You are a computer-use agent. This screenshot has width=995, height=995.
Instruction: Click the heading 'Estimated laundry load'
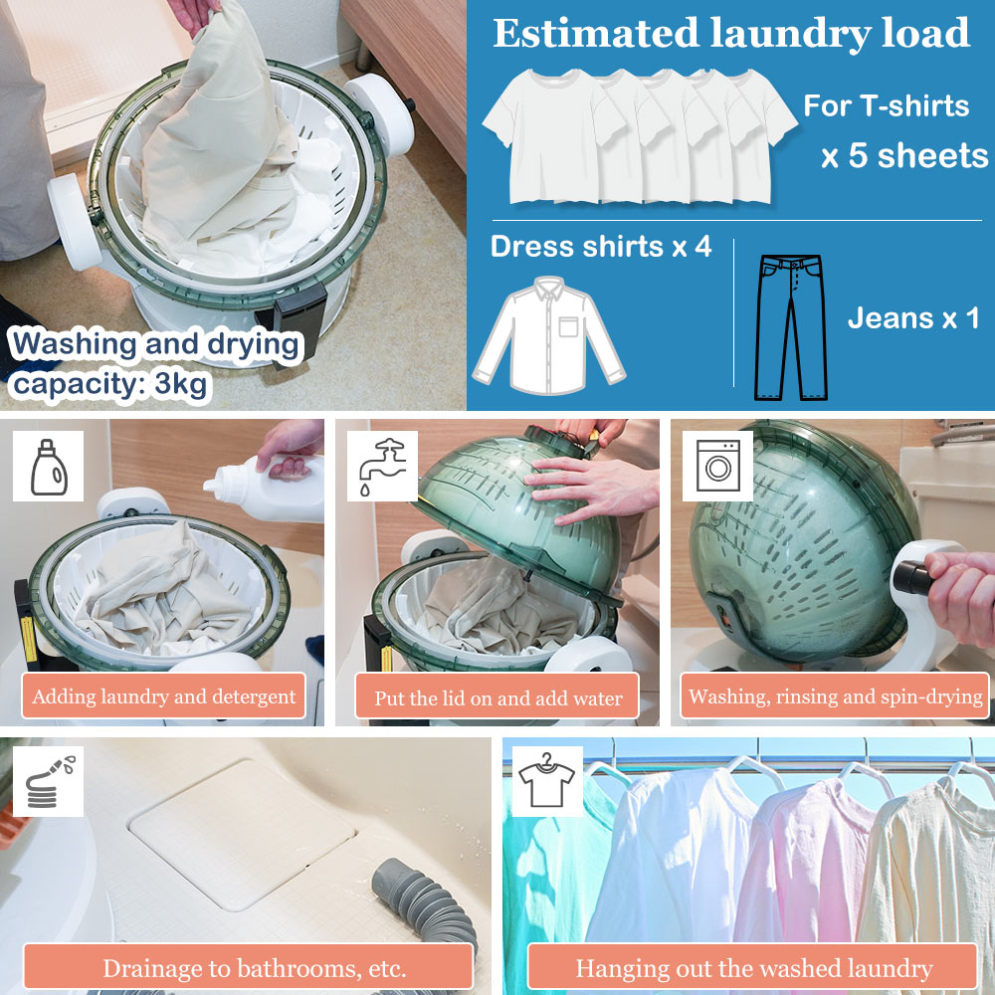point(731,33)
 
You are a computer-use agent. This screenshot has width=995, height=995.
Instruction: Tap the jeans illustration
point(791,327)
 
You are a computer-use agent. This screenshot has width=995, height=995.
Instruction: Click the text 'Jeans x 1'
point(913,318)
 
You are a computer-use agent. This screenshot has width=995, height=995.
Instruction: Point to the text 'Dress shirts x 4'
point(601,246)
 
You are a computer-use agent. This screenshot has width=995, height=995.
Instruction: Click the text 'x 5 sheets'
point(904,155)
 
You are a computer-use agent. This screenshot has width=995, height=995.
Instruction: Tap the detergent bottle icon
point(49,467)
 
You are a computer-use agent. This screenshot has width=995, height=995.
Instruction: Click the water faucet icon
point(383,466)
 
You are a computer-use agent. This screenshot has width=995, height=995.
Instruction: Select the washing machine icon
point(718,467)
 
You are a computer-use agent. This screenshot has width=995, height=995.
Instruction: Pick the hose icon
point(49,781)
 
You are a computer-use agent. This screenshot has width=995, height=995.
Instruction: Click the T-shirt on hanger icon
point(546,780)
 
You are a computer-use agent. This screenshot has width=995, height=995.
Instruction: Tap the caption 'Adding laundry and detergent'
point(164,696)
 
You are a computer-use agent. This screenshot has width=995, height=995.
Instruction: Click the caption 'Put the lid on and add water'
point(497,697)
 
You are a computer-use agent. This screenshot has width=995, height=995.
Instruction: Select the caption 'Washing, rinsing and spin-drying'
point(835,696)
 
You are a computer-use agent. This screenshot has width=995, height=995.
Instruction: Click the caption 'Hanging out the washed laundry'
point(752,968)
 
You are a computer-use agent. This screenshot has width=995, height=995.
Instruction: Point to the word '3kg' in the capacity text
point(180,383)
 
